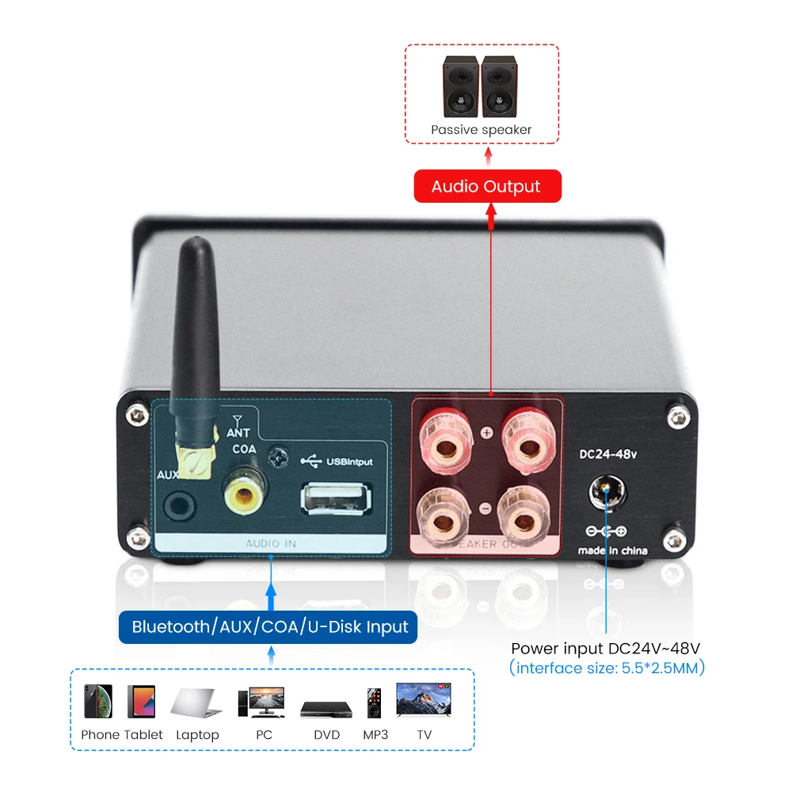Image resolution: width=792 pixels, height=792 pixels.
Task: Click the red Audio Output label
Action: pos(487,187)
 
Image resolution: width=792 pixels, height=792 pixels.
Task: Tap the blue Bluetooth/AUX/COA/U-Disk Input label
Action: pos(270,627)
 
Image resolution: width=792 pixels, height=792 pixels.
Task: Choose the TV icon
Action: pos(425,701)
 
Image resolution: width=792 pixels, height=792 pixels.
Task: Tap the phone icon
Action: pos(98,702)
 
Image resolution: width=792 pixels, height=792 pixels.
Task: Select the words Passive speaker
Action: pos(481,130)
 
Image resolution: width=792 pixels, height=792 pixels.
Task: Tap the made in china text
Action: pos(612,550)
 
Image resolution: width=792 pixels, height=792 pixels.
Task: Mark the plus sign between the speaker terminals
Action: pos(486,432)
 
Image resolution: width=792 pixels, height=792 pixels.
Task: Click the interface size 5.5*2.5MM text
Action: pos(607,668)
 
